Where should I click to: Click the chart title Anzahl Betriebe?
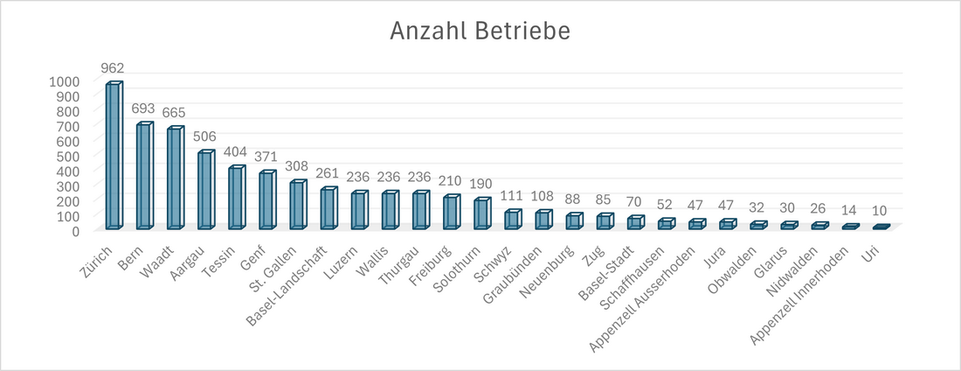point(480,31)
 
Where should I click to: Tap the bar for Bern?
point(143,176)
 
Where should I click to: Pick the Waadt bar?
point(174,178)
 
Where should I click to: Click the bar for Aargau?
point(204,191)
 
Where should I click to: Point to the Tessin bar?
point(235,198)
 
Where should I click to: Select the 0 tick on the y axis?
point(75,231)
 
